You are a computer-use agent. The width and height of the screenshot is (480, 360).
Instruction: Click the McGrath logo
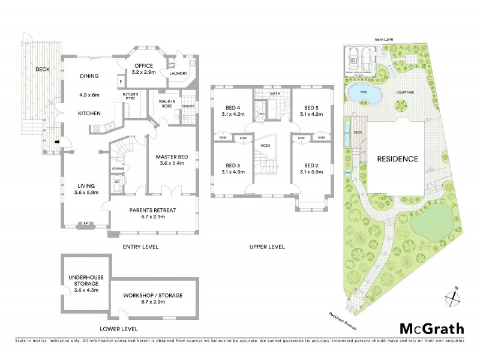click(x=431, y=328)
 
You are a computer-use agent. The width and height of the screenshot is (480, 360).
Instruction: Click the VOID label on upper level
click(x=264, y=145)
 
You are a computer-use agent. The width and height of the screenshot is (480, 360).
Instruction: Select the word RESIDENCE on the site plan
click(x=397, y=159)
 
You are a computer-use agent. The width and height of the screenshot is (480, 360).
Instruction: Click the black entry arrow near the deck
click(x=57, y=142)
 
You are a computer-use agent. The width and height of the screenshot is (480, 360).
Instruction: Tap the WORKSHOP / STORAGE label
click(x=152, y=296)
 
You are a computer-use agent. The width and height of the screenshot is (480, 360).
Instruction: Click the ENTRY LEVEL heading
click(x=142, y=247)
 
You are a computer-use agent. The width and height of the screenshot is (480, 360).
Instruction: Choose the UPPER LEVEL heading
click(x=267, y=247)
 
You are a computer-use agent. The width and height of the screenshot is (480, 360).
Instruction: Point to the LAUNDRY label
click(x=179, y=74)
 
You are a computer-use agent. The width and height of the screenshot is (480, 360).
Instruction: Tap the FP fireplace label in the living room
click(x=85, y=224)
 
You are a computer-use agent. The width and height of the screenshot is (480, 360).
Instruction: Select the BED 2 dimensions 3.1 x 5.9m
click(x=310, y=172)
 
